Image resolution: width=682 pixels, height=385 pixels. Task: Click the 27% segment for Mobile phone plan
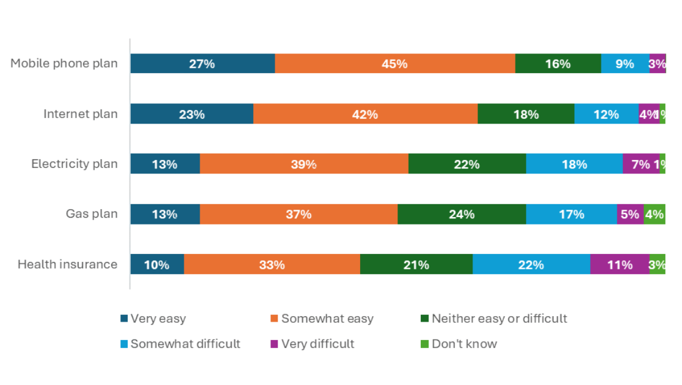tap(202, 64)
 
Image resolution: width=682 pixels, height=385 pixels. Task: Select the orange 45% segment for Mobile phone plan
tap(394, 64)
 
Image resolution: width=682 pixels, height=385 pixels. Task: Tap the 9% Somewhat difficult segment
tap(625, 64)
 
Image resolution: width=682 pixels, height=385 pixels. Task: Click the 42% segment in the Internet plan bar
tap(365, 114)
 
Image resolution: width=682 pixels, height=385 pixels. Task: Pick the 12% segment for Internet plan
tap(606, 114)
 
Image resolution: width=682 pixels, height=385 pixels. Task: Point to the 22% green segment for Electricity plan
tap(467, 164)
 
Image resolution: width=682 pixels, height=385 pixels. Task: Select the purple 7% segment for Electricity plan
tap(640, 164)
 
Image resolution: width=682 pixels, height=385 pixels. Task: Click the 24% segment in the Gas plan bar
tap(461, 214)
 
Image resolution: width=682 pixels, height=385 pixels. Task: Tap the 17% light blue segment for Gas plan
tap(571, 214)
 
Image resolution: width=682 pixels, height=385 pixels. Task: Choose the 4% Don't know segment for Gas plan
tap(654, 214)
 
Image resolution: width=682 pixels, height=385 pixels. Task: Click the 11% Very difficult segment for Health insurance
tap(619, 264)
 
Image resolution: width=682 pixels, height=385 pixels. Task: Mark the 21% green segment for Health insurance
tap(416, 264)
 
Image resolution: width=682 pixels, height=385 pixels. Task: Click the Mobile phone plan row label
tap(64, 63)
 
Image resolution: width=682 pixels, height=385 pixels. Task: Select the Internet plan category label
tap(80, 114)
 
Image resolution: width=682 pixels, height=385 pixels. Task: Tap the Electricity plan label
tap(74, 164)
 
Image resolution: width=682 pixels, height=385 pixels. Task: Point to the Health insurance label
tap(68, 264)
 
